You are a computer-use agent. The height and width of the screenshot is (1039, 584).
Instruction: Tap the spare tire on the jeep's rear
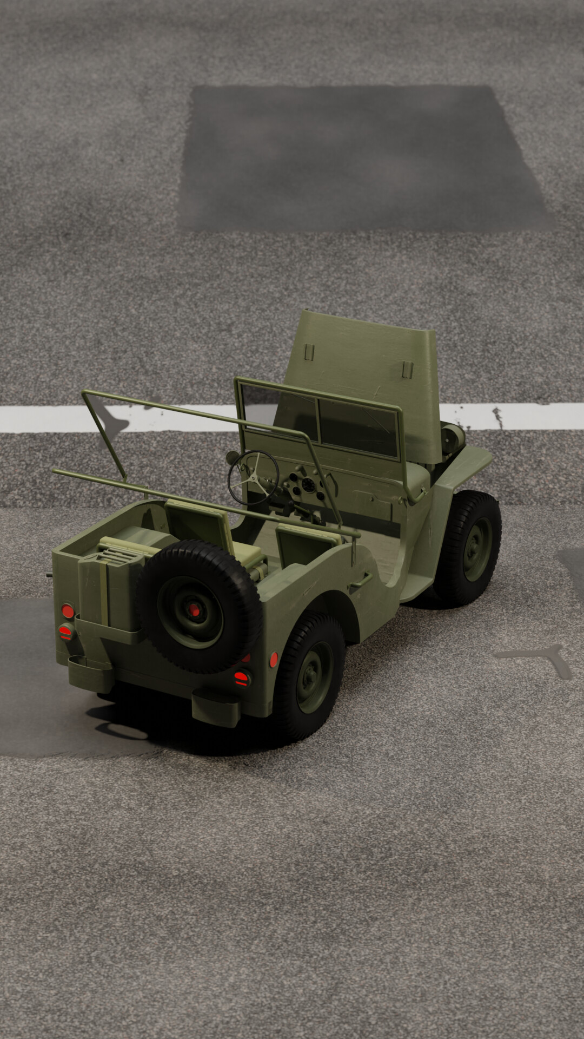[x=198, y=606]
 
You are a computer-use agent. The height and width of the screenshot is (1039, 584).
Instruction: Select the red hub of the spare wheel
[x=194, y=610]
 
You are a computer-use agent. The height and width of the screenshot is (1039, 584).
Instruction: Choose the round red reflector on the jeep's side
[x=274, y=659]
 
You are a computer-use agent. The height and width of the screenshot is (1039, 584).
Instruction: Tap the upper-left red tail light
[x=68, y=611]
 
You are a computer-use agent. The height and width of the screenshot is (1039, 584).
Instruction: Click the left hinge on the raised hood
[x=309, y=352]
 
